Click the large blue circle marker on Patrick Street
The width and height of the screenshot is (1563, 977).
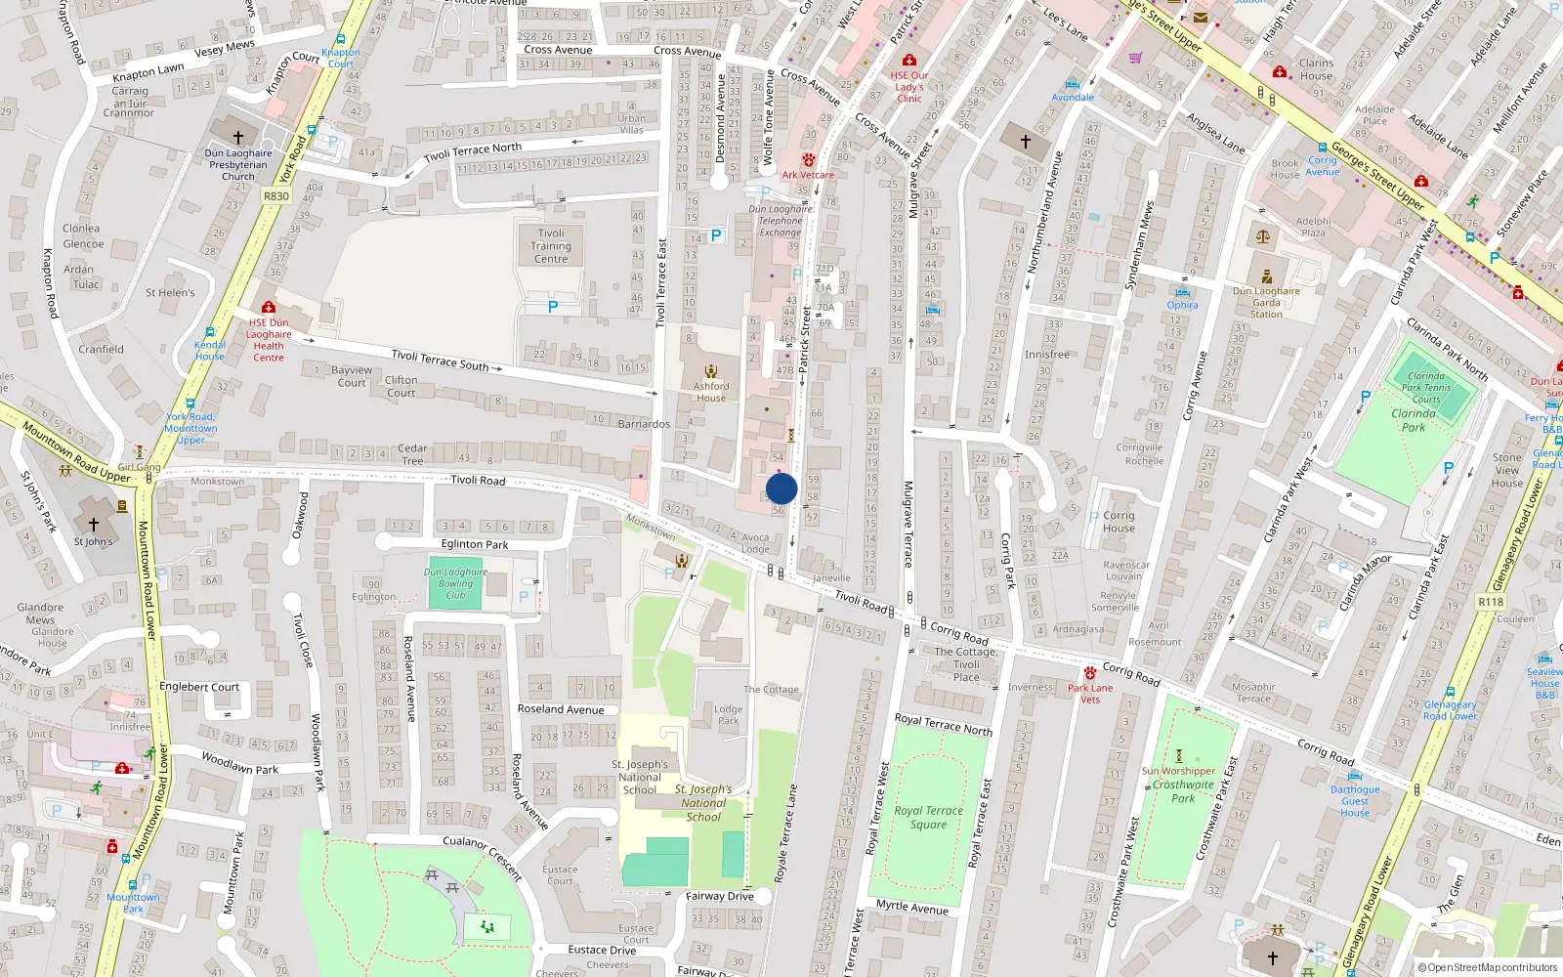tap(781, 488)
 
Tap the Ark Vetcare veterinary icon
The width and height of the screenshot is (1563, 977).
tap(808, 160)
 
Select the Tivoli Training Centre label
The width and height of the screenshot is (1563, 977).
tap(551, 246)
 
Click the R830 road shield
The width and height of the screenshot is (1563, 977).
tap(276, 196)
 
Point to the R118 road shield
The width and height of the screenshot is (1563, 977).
tap(1491, 602)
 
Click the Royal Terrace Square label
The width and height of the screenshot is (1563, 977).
tap(928, 817)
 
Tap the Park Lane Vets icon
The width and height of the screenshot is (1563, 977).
tap(1089, 673)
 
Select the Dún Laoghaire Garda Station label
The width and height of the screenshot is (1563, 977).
tap(1266, 302)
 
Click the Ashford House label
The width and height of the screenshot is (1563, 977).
tap(711, 392)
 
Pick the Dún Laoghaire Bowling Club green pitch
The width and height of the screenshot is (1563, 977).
tap(455, 584)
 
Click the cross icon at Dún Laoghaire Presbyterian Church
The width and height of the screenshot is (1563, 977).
tap(237, 137)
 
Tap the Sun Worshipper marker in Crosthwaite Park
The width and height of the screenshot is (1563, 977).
tap(1179, 756)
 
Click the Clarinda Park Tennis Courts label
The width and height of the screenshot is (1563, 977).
tap(1426, 387)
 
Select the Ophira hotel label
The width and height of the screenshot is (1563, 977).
tap(1182, 305)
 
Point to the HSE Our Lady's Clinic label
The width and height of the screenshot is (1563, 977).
tap(909, 86)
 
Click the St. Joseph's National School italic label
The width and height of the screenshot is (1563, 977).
tap(703, 802)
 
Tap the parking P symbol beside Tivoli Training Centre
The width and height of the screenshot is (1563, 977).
tap(553, 307)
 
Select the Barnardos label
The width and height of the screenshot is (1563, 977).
tap(644, 424)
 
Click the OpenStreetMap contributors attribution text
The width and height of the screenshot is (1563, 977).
tap(1488, 967)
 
